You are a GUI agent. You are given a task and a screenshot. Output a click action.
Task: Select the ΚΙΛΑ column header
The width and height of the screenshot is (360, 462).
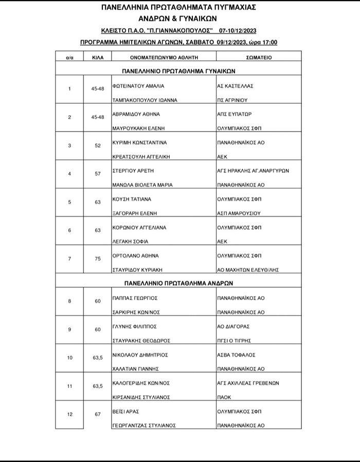98,58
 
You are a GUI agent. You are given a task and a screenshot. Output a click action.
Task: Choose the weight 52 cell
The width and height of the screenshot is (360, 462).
98,145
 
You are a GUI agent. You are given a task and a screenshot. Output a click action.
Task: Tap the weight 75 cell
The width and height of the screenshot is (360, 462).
98,260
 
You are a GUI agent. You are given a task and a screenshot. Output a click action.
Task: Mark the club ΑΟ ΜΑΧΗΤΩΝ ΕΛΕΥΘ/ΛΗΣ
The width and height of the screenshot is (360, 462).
250,268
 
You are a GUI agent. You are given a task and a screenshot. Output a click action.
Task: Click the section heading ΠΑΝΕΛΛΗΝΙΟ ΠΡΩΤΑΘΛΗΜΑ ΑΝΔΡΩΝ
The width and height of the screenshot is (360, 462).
179,283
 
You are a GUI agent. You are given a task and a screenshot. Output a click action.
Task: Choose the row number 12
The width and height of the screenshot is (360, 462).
70,414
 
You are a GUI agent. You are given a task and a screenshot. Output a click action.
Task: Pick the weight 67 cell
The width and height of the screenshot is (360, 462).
98,414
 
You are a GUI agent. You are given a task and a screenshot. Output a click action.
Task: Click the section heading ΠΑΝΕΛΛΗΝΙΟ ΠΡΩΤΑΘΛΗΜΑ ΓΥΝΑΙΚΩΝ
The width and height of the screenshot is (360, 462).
178,72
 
